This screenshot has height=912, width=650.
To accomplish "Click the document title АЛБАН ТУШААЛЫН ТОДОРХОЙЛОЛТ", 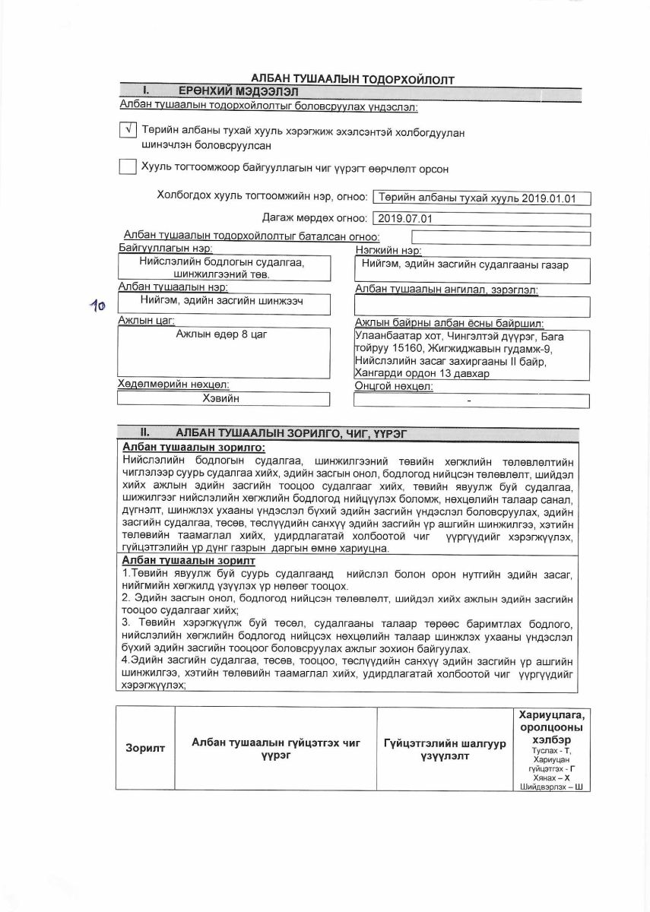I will [x=353, y=80].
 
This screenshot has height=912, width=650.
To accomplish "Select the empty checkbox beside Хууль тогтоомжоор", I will [x=128, y=167].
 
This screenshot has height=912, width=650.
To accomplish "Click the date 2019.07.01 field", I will [x=481, y=219].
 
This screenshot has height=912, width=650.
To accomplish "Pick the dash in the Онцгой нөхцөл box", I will [x=469, y=400].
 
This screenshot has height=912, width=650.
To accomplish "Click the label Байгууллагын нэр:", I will [x=166, y=249].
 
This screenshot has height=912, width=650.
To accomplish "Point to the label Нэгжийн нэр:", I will [x=388, y=250].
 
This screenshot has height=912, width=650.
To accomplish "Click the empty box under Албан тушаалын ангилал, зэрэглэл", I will [x=472, y=306].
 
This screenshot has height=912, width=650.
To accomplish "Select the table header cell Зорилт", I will [x=145, y=749].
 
